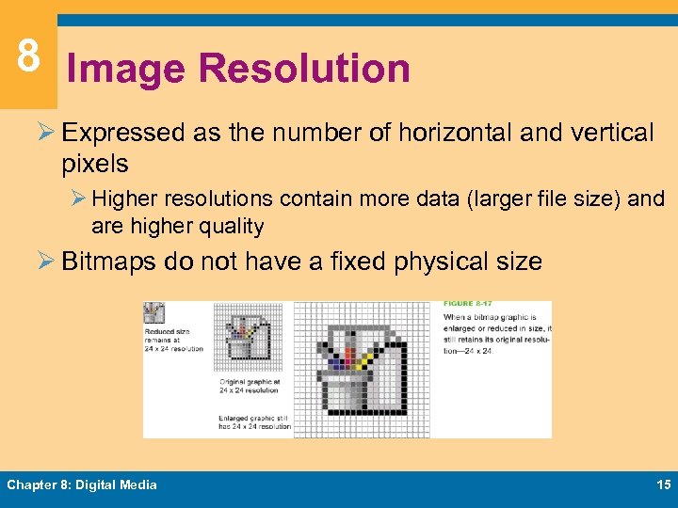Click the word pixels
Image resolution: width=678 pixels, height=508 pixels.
pyautogui.click(x=94, y=164)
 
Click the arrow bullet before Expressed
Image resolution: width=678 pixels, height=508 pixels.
pyautogui.click(x=47, y=134)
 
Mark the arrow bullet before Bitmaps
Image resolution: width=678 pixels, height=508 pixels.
pyautogui.click(x=47, y=261)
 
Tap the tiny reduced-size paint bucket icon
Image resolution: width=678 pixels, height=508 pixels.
pyautogui.click(x=153, y=313)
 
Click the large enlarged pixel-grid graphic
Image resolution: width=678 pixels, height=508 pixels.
pyautogui.click(x=361, y=369)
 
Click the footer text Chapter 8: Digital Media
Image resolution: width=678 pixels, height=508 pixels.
pyautogui.click(x=82, y=484)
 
